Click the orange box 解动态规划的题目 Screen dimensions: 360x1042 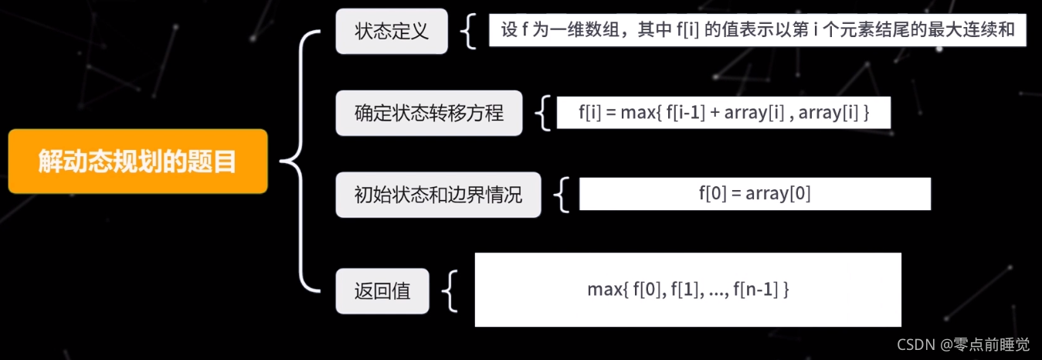tap(138, 161)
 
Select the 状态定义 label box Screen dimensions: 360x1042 tap(392, 32)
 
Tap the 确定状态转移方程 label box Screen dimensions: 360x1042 tap(429, 114)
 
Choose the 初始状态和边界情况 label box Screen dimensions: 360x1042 tap(438, 195)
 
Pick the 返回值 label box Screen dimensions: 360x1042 tap(382, 292)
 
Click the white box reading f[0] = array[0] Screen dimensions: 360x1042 tap(755, 194)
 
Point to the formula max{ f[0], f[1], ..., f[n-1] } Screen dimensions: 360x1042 tap(687, 290)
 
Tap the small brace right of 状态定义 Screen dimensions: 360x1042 tap(468, 32)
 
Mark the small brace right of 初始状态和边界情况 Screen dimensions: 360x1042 tap(562, 195)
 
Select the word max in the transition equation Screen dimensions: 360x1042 tap(637, 114)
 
